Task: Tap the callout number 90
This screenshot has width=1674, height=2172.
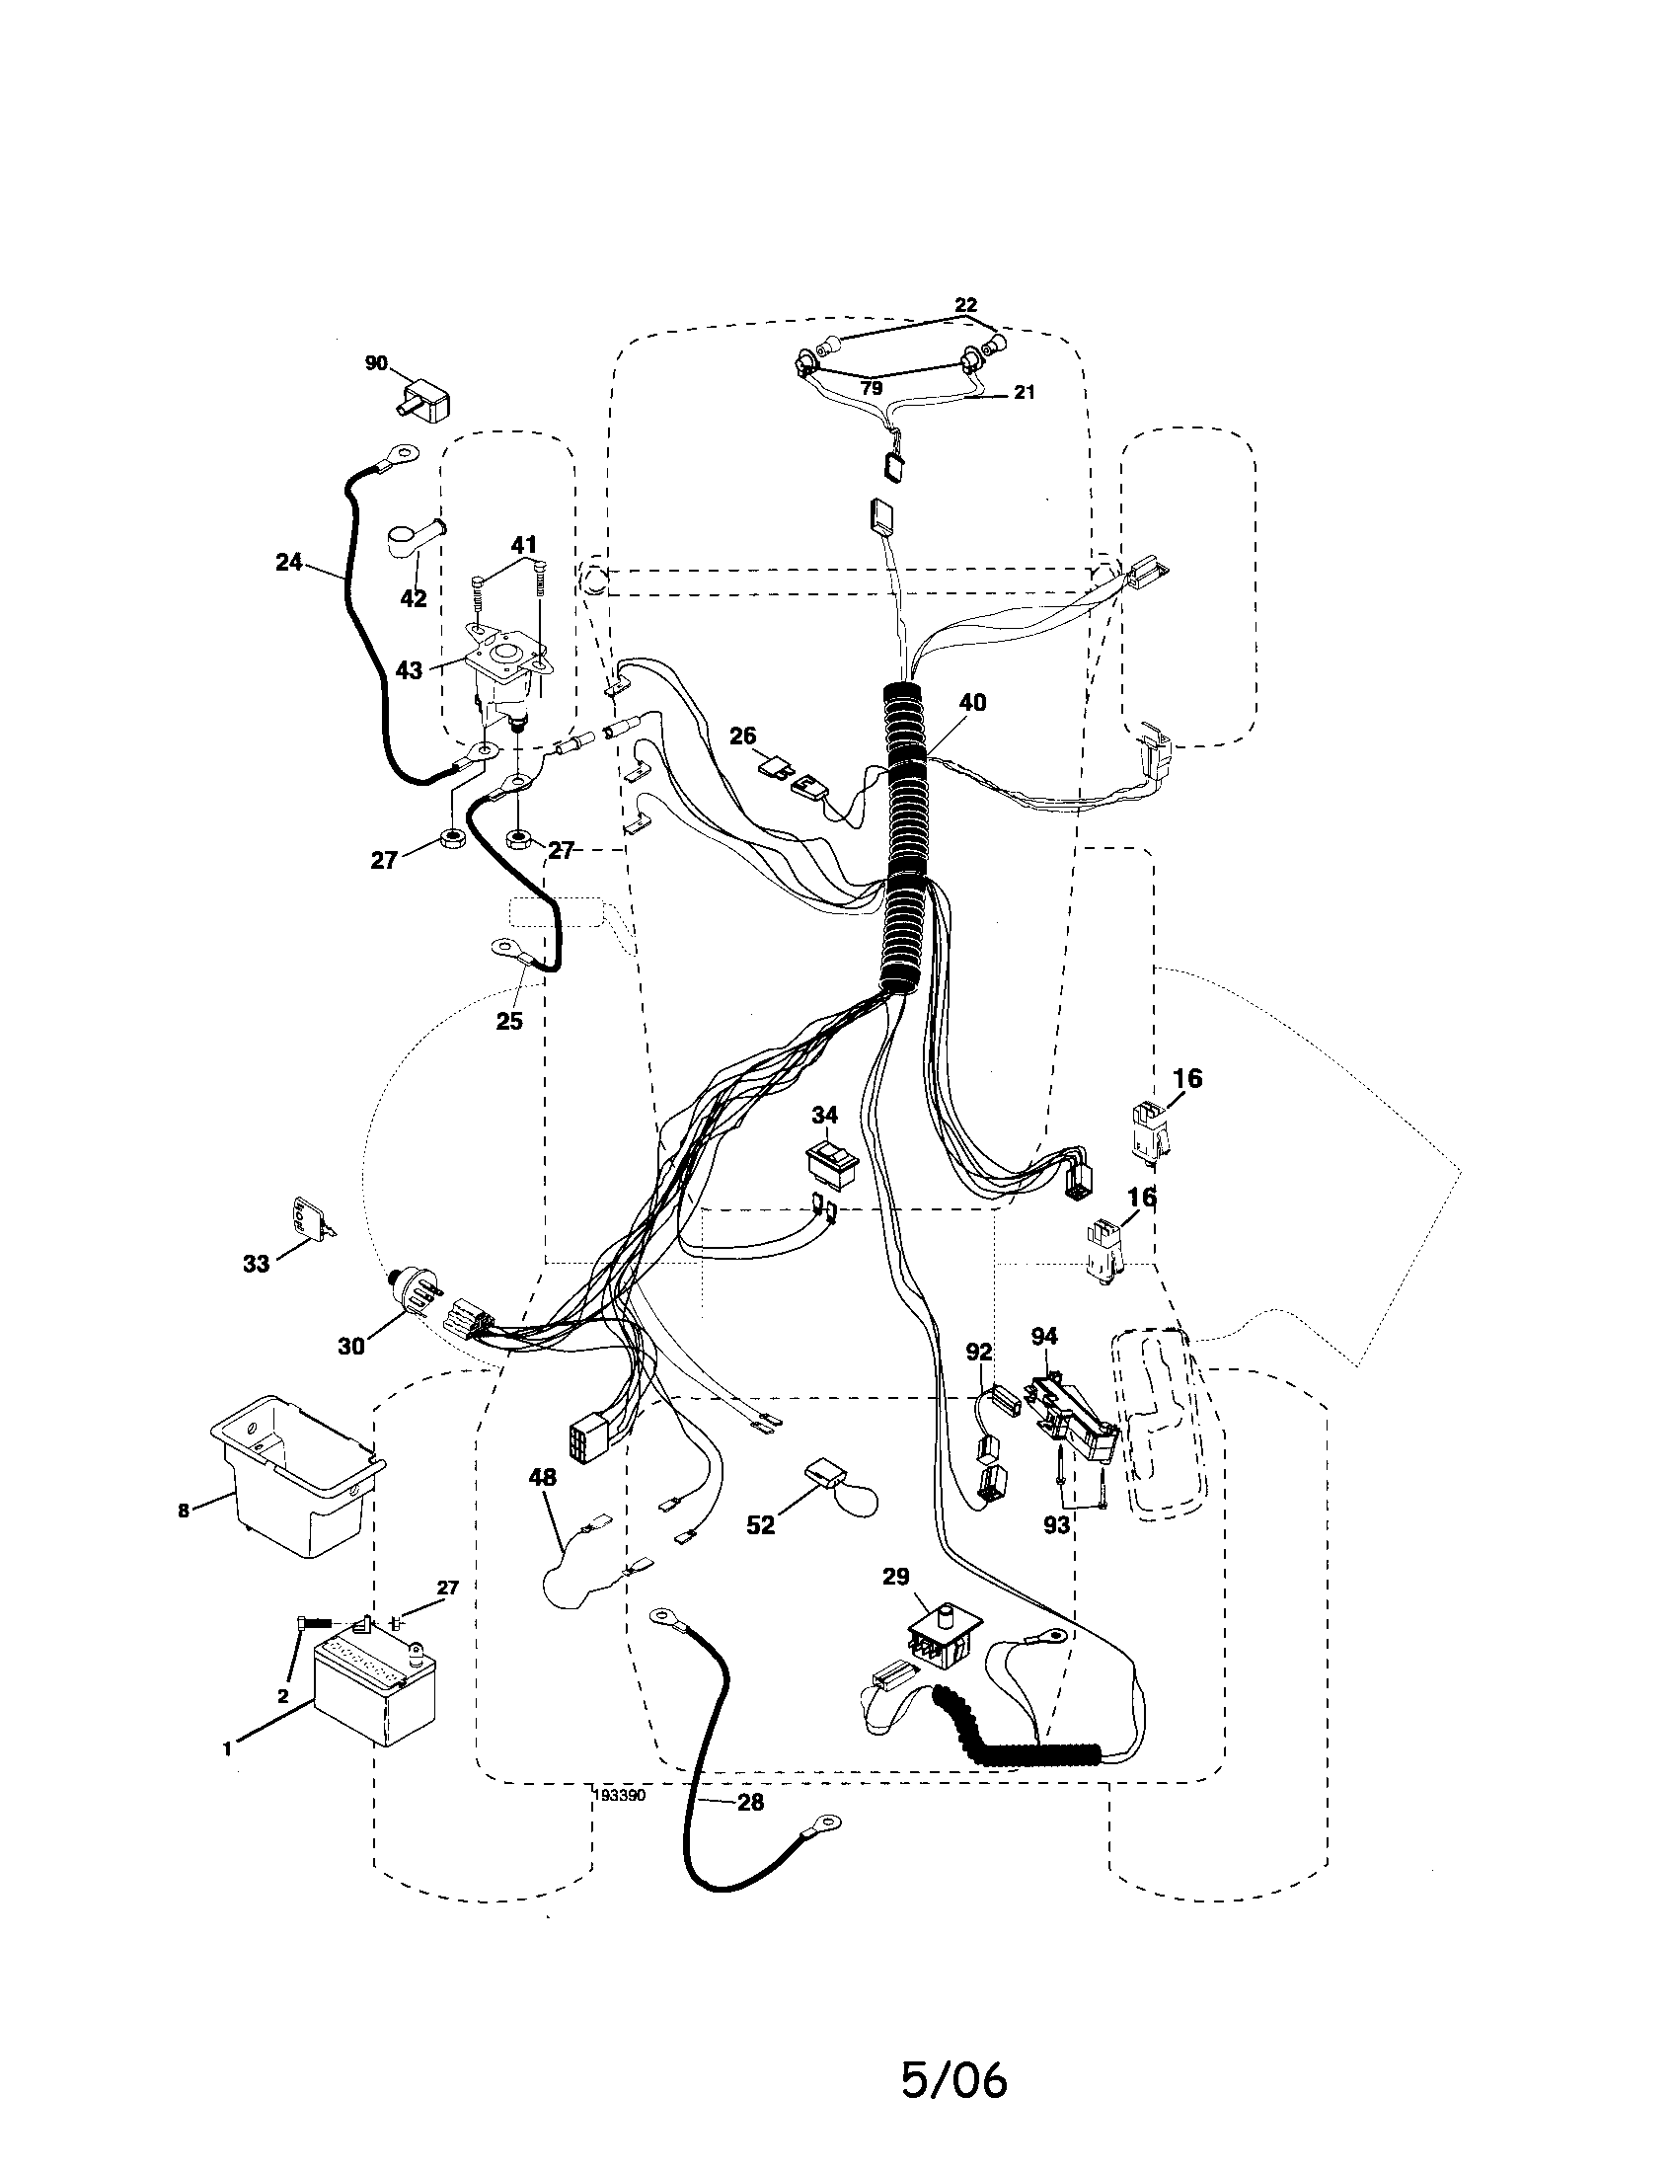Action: pos(376,363)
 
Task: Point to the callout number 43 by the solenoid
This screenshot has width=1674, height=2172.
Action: pos(409,670)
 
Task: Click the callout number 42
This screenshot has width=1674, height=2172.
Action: pos(413,597)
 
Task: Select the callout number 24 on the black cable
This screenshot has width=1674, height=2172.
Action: pos(288,562)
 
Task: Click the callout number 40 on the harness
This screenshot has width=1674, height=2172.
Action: pos(972,702)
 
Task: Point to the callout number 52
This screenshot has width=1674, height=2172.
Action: pos(759,1524)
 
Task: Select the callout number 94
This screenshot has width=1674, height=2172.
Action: pos(1044,1336)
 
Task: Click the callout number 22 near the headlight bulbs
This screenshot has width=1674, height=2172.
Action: pos(965,305)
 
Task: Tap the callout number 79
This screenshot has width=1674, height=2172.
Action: pos(872,389)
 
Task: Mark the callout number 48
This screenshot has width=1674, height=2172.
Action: pos(542,1478)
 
